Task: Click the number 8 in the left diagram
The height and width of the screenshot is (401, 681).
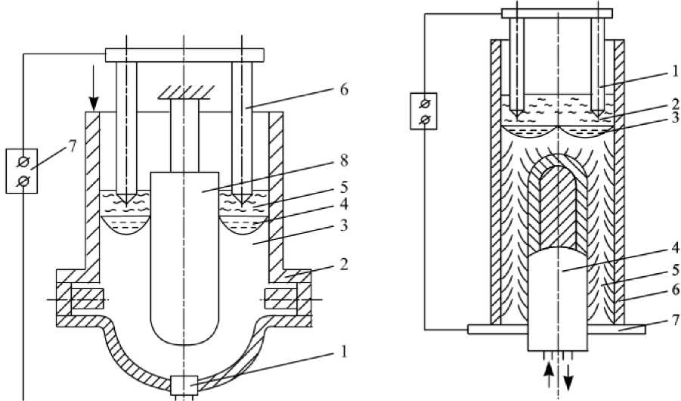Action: click(344, 160)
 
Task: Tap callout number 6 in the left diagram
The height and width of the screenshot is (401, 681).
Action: click(344, 92)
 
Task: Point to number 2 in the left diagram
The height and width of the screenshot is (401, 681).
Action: click(344, 264)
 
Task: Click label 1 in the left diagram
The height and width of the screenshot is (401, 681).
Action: click(344, 351)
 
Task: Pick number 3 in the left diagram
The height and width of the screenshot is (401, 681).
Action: click(344, 225)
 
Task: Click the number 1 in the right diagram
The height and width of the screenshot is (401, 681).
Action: click(675, 71)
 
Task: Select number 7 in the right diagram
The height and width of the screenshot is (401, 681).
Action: click(676, 320)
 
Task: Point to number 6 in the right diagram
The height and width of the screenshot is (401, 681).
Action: click(676, 290)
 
